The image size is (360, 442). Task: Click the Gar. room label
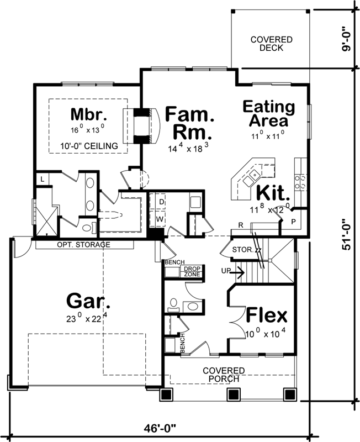click(x=88, y=301)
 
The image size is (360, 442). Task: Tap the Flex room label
click(x=267, y=316)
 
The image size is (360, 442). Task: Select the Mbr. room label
click(x=88, y=114)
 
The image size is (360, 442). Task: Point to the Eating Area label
click(x=269, y=113)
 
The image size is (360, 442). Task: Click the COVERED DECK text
click(x=267, y=44)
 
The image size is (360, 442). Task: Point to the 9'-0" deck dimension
click(x=346, y=40)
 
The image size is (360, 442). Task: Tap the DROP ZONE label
click(x=192, y=271)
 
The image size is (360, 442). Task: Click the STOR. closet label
click(x=242, y=249)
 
